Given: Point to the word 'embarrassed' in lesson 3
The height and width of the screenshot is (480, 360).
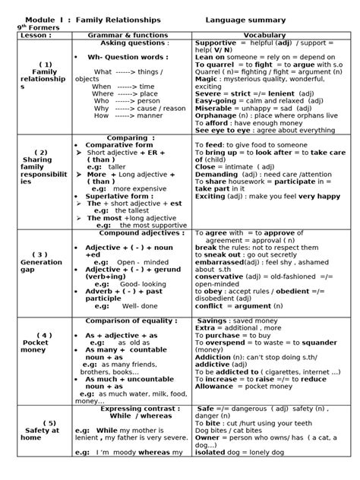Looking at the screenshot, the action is click(219, 261).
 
